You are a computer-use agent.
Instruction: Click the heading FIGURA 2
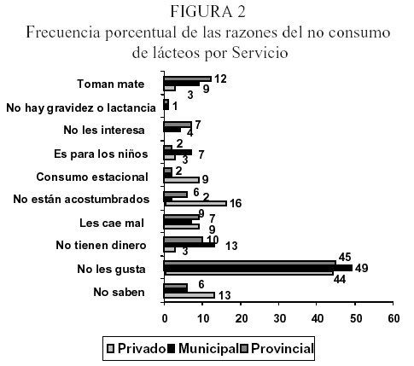click(x=207, y=12)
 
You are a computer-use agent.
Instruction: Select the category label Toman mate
click(x=111, y=84)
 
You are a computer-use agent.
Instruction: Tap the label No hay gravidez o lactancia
click(x=81, y=107)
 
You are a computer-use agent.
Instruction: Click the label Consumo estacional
click(x=92, y=177)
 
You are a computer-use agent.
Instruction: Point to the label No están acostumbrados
click(x=81, y=199)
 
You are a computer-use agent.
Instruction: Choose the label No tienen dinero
click(x=101, y=245)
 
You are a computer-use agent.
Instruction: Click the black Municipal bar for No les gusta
click(x=258, y=268)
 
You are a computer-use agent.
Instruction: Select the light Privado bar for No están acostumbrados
click(x=195, y=203)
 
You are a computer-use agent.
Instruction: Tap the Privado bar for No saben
click(x=189, y=295)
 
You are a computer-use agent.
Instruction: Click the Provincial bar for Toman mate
click(x=187, y=78)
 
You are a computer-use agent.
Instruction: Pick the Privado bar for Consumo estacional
click(x=181, y=180)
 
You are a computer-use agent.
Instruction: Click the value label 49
click(x=362, y=268)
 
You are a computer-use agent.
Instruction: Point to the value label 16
click(x=236, y=204)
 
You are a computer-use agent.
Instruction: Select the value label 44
click(x=340, y=280)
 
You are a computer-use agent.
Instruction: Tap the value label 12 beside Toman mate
click(x=220, y=79)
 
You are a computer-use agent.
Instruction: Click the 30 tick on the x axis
click(x=279, y=318)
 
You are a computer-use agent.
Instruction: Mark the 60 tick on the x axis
click(x=394, y=318)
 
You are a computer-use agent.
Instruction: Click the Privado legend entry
click(x=136, y=349)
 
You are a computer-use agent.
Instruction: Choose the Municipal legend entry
click(x=204, y=349)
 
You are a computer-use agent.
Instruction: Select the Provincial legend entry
click(x=277, y=349)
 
